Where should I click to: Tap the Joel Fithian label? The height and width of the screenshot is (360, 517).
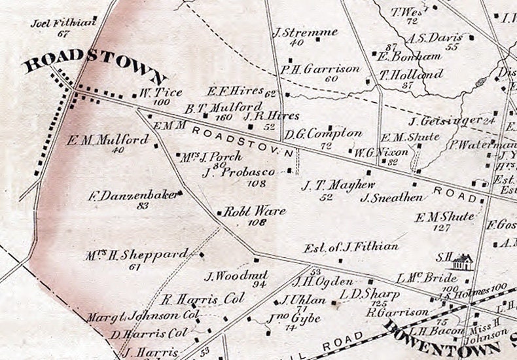[x=63, y=24]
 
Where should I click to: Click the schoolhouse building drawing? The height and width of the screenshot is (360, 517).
[x=461, y=262]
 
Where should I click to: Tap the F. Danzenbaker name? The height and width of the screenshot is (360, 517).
[x=133, y=194]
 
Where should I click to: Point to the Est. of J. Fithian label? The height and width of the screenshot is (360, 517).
[x=351, y=247]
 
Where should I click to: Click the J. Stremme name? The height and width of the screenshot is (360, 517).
[x=305, y=32]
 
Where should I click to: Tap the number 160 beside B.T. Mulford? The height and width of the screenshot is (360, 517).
[x=224, y=117]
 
